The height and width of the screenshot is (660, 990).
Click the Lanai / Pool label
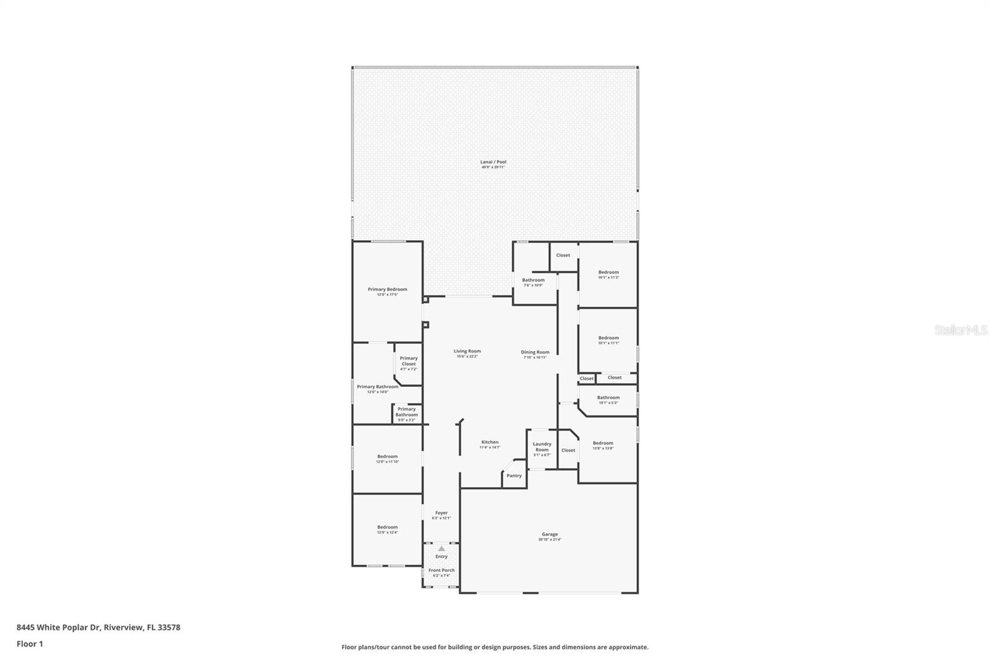(x=493, y=162)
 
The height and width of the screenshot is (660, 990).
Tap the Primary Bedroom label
(x=387, y=290)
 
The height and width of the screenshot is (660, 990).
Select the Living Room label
(x=467, y=352)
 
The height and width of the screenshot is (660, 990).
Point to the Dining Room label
(x=535, y=352)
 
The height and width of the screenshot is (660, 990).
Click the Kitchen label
(x=489, y=443)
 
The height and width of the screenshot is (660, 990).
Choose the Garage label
(x=549, y=534)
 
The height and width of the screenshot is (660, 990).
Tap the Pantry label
(x=514, y=475)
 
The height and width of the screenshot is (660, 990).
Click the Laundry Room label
(x=542, y=447)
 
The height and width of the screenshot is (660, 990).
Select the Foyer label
(x=441, y=513)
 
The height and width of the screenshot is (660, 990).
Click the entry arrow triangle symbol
(x=441, y=549)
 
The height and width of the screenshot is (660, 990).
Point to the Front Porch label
(x=441, y=570)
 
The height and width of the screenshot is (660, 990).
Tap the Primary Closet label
(x=408, y=361)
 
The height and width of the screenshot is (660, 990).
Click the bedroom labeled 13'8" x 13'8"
(x=603, y=443)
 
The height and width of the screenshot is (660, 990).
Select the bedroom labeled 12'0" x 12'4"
(x=387, y=528)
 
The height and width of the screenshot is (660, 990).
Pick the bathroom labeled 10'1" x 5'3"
(x=608, y=398)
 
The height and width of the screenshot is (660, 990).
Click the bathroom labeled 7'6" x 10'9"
(x=533, y=280)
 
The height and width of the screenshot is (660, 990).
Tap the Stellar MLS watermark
(x=960, y=330)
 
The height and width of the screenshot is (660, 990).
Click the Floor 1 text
(x=30, y=644)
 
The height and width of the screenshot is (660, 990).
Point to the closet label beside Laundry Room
(x=568, y=450)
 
